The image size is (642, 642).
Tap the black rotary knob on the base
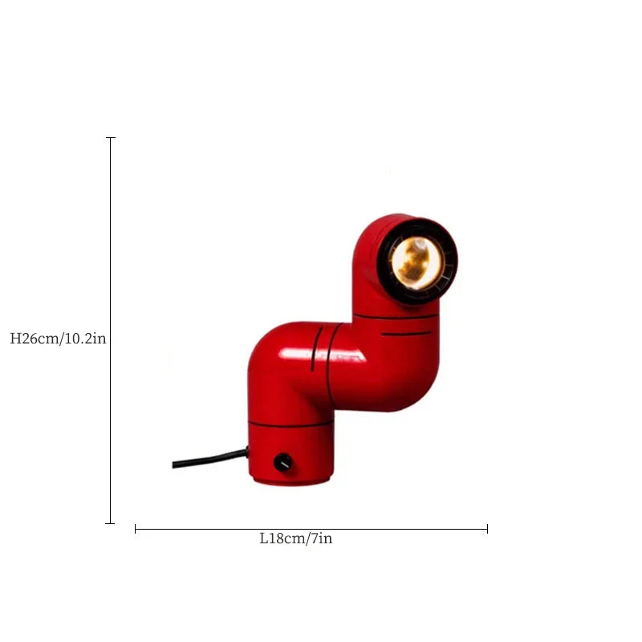pyautogui.click(x=282, y=462)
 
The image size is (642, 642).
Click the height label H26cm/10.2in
pyautogui.click(x=58, y=339)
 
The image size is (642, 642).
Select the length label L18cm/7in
pyautogui.click(x=296, y=538)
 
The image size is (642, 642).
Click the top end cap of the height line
pyautogui.click(x=111, y=138)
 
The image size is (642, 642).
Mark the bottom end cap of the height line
pyautogui.click(x=110, y=523)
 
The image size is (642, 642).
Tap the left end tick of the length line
pyautogui.click(x=135, y=529)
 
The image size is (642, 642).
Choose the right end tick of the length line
pyautogui.click(x=487, y=529)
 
